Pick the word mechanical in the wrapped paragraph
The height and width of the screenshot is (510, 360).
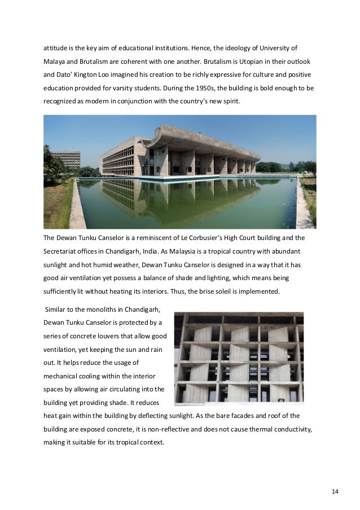click(63, 376)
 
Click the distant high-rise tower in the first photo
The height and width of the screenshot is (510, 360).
click(66, 160)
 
